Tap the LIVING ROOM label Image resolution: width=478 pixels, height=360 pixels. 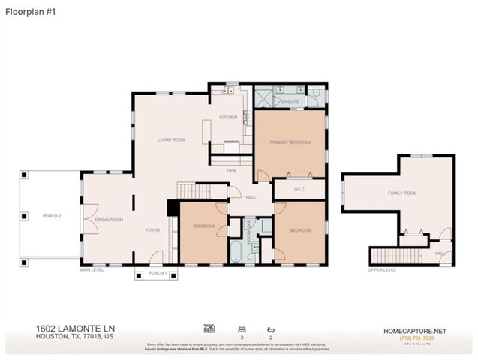171,139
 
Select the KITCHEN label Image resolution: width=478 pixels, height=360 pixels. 228,118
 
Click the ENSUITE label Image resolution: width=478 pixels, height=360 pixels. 291,100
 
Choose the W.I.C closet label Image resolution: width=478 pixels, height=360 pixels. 299,188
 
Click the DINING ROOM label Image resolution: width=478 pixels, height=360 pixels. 110,220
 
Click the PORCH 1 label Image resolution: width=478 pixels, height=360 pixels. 157,274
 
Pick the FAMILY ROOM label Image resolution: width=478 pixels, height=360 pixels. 401,193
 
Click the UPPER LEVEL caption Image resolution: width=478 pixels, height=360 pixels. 382,269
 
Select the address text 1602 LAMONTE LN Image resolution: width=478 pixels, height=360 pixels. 75,328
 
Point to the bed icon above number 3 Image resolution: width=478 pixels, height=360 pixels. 242,328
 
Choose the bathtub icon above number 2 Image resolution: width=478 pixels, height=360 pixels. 270,328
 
